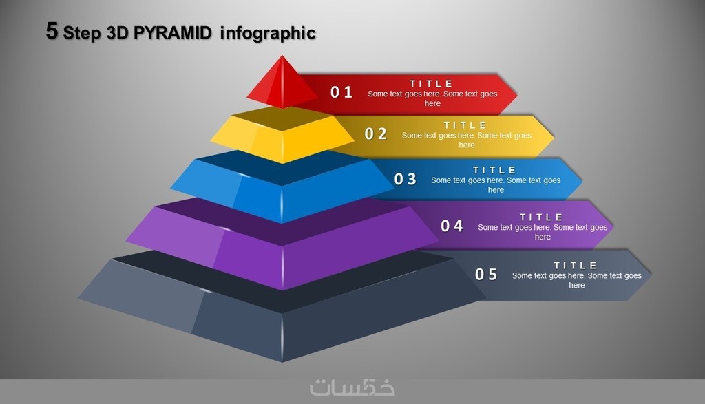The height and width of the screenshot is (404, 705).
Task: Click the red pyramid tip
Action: pos(282,83)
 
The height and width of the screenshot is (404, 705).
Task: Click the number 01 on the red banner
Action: pos(341,92)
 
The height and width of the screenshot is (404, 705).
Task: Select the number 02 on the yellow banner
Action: pos(375,134)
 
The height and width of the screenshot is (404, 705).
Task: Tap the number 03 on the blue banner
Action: pos(405,179)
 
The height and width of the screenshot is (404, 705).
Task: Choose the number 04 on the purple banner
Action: pos(452,226)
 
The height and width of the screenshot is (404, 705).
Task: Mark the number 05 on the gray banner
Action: pos(486,274)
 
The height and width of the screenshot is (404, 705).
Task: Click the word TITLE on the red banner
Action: pos(431,83)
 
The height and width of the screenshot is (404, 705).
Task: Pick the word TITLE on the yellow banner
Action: pos(465,125)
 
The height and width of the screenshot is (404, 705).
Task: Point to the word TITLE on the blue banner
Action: pos(494,170)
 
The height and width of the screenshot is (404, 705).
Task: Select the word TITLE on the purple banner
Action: pos(541,217)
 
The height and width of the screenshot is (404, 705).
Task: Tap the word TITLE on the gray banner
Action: pos(575,265)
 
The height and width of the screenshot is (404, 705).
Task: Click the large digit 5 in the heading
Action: pos(52,31)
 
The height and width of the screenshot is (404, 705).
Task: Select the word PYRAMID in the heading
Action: pos(172,33)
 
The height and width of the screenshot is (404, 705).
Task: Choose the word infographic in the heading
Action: pos(268,33)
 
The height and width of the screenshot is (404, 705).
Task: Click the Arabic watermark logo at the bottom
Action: pos(352,387)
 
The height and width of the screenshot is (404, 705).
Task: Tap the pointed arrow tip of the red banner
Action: pos(516,95)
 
